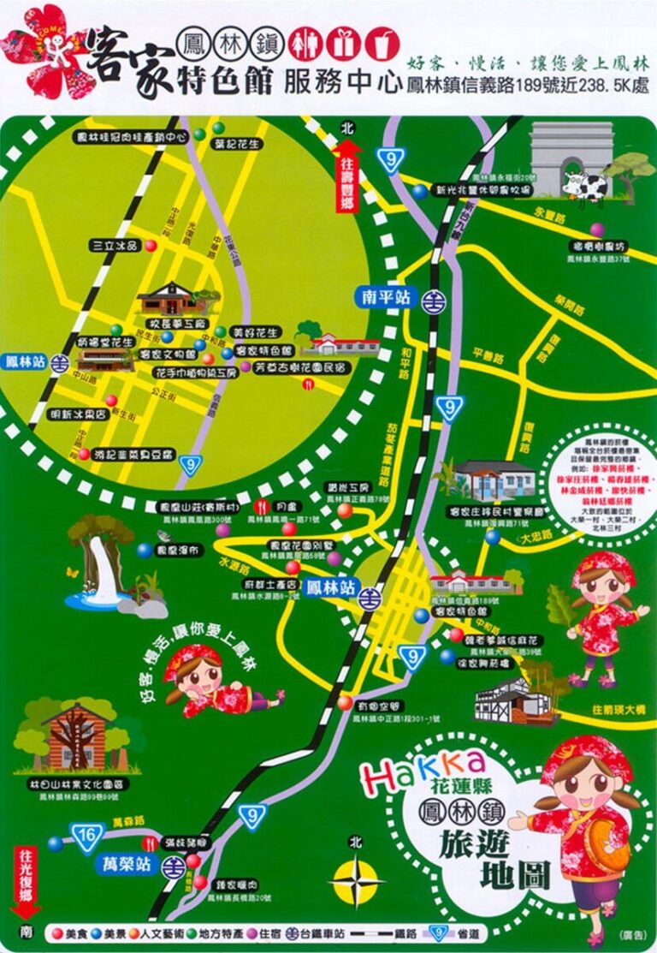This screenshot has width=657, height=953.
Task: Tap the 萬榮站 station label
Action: coord(127,864)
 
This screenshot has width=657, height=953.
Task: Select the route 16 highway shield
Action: coord(86,836)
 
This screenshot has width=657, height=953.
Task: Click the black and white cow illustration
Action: coord(585,183)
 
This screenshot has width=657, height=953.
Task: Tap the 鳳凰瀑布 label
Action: coord(180,550)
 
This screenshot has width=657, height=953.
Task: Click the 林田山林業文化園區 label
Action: coord(74,783)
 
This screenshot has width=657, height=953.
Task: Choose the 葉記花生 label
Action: coord(238,145)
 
